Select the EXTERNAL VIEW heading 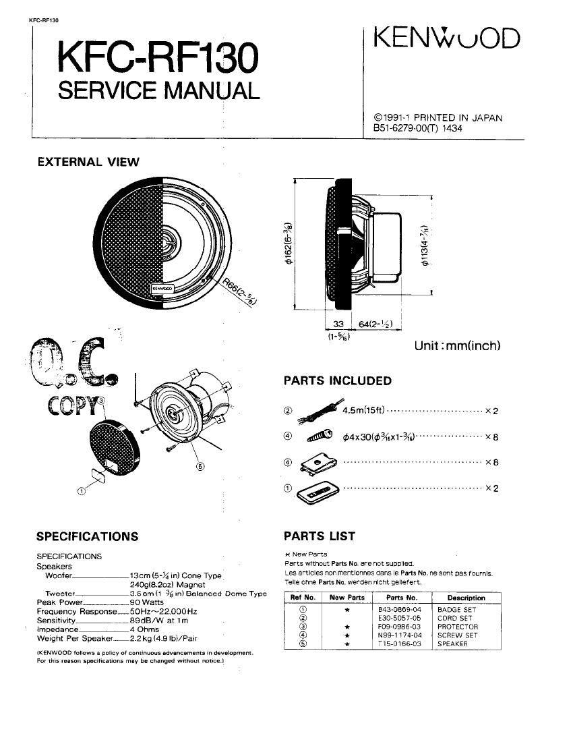88,162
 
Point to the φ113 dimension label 425,246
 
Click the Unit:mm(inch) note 457,346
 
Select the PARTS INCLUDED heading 337,381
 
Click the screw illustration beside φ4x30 319,436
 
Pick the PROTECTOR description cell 457,627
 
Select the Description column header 466,598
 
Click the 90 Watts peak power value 147,602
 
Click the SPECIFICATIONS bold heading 87,537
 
